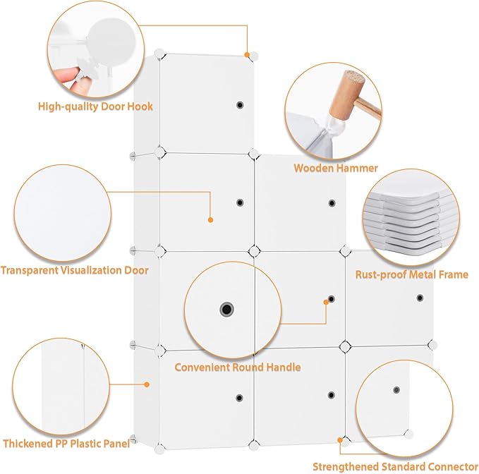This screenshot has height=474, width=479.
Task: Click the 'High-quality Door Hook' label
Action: [x=95, y=107]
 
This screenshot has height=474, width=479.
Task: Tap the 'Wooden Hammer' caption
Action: [x=336, y=168]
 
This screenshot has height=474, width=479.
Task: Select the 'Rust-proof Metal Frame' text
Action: [x=412, y=274]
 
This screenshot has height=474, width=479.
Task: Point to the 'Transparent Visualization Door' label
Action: [x=75, y=270]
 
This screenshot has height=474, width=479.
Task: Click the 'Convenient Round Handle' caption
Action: [x=238, y=367]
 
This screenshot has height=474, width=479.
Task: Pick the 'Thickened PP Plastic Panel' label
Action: [x=66, y=444]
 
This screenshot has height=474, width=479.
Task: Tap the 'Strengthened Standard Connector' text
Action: [x=395, y=467]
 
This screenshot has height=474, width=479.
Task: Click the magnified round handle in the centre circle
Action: [x=226, y=310]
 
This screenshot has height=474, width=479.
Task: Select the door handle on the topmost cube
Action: [x=240, y=105]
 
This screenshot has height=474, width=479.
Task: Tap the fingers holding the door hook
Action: [x=66, y=80]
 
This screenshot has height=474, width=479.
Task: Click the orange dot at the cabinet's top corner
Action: [x=246, y=55]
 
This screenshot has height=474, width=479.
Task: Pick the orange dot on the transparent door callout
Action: [x=210, y=219]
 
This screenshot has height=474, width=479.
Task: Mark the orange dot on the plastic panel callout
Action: [x=147, y=384]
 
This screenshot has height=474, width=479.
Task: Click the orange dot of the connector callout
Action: [x=340, y=440]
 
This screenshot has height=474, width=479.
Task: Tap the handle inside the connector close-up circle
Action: [x=396, y=389]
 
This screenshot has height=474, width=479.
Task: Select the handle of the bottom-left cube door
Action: [x=239, y=398]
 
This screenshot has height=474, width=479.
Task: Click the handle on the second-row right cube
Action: [x=332, y=203]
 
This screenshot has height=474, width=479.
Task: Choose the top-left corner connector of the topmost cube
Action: [x=159, y=54]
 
